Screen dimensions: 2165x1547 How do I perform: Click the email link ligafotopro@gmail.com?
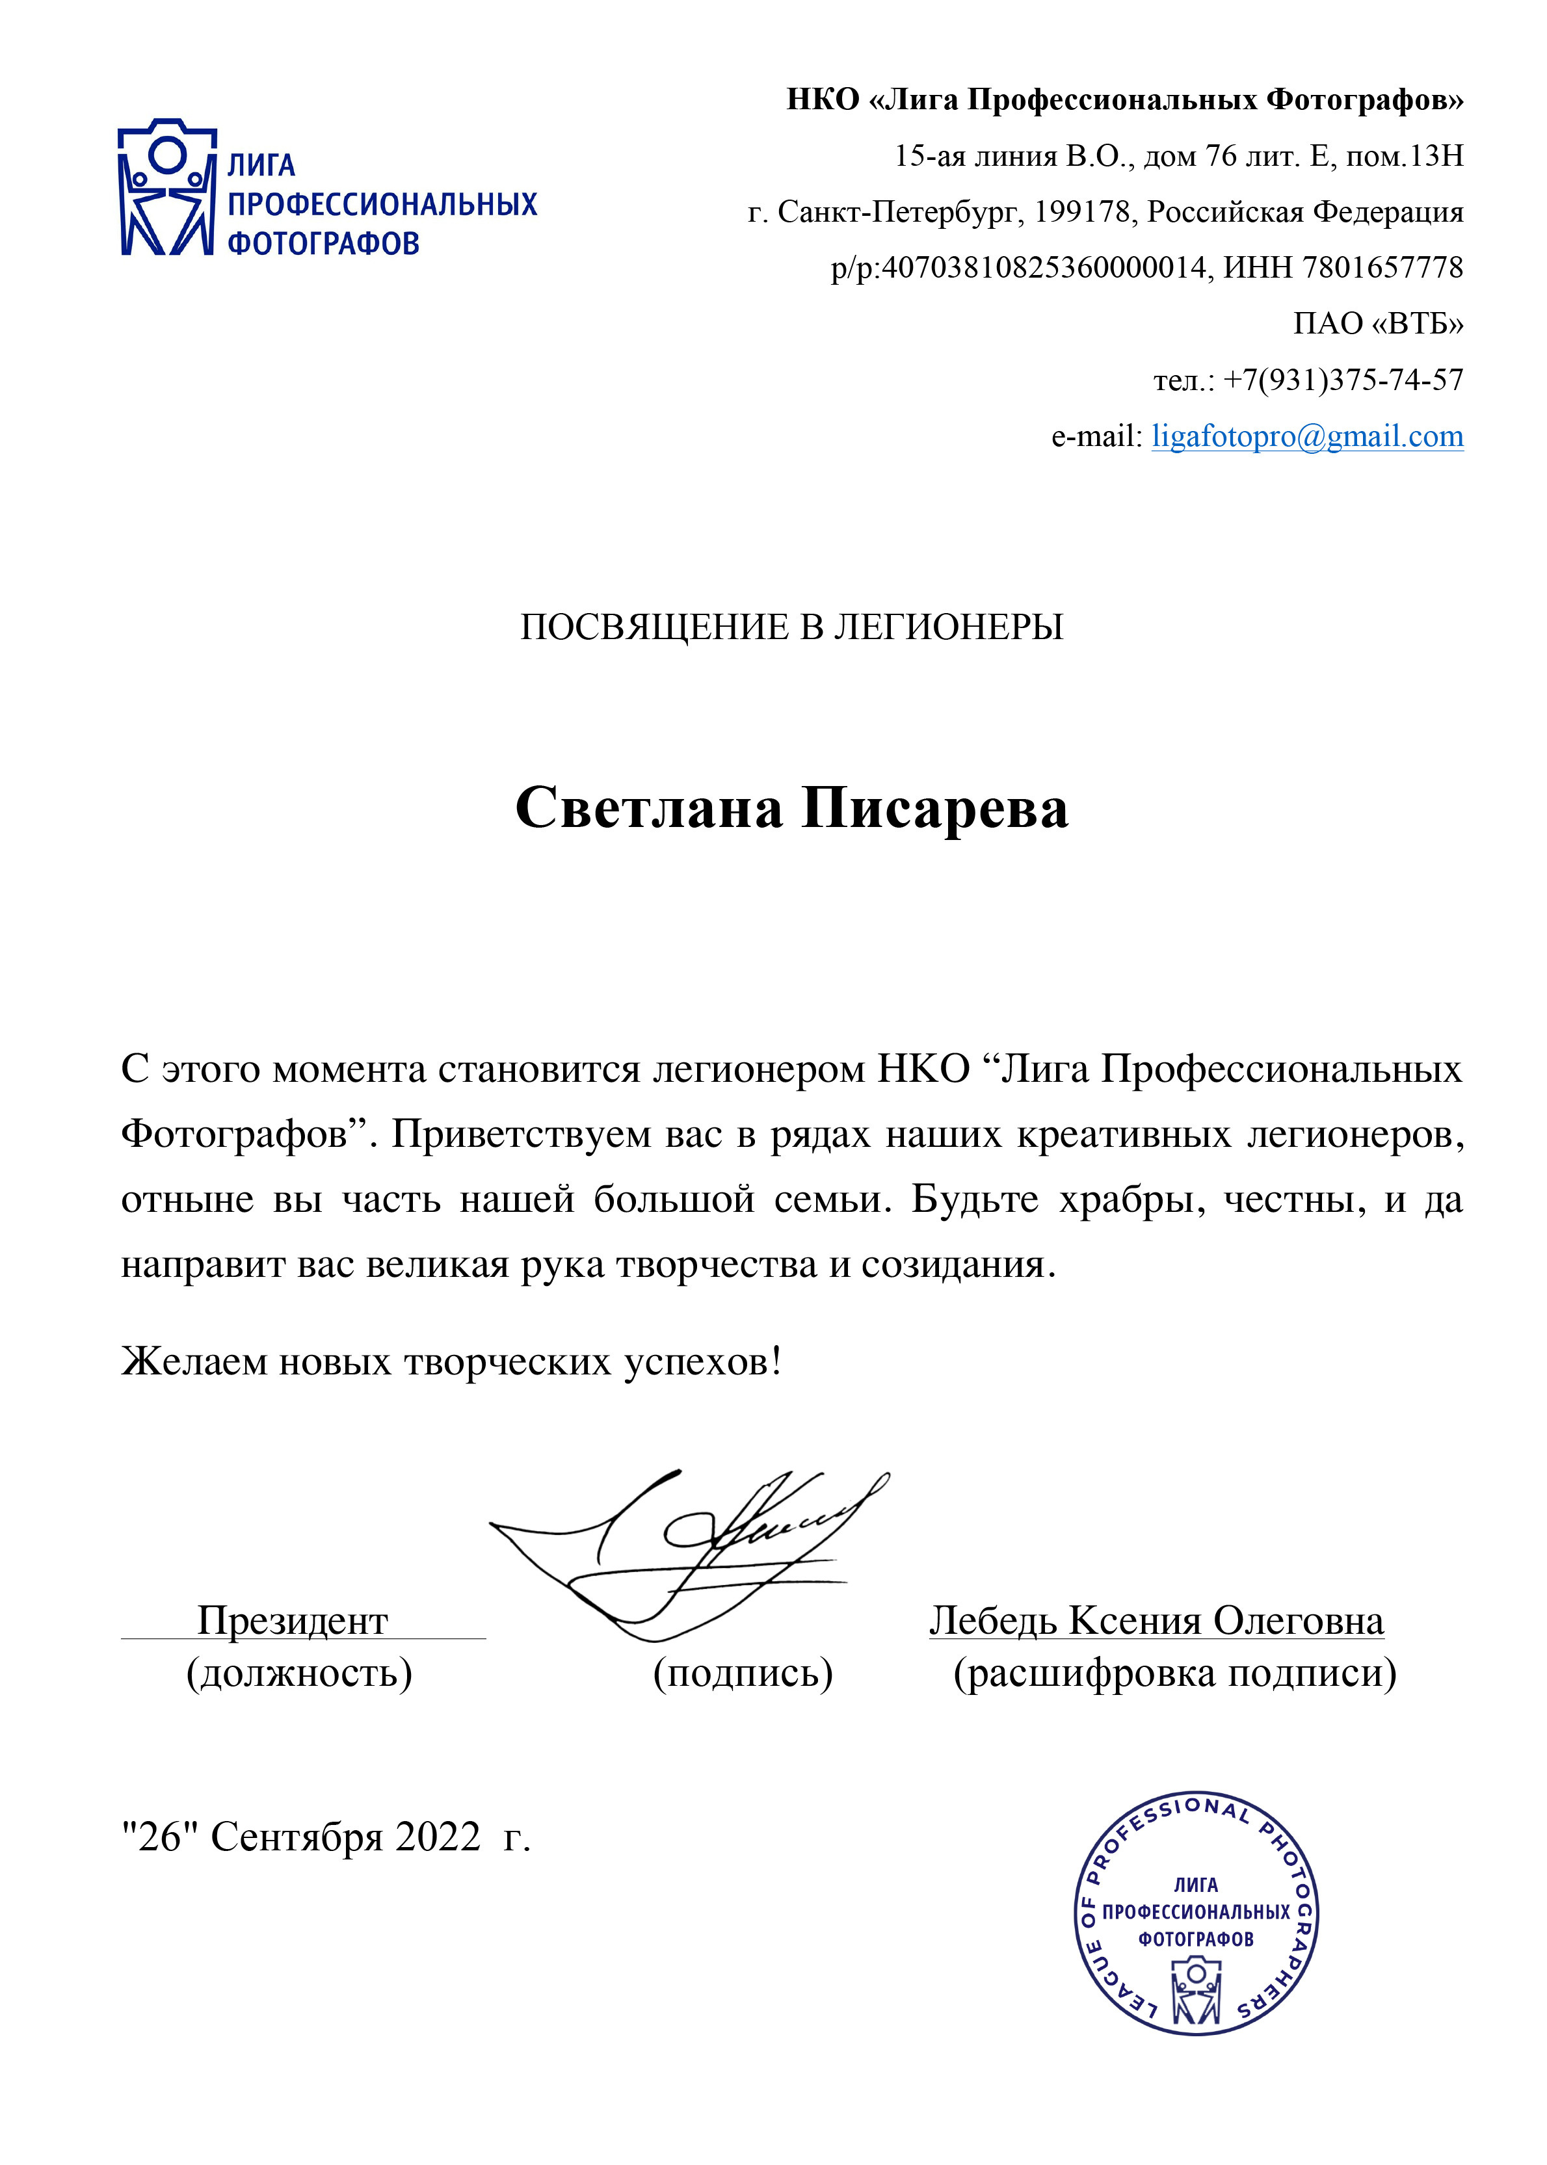1307,436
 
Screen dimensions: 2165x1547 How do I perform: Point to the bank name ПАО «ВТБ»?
1377,324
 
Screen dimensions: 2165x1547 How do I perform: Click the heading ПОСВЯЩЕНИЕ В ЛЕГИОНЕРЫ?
791,627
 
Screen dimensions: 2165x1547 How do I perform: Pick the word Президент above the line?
293,1620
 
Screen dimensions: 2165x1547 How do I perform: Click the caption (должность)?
299,1673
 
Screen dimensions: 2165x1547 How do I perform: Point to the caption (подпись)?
743,1673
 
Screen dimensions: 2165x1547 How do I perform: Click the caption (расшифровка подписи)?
1174,1673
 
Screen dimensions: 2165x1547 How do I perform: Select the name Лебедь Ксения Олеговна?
1156,1620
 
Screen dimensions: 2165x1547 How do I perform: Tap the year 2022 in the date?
438,1837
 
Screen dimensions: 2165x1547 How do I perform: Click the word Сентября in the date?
297,1837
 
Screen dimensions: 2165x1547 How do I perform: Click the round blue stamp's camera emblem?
1197,1989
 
